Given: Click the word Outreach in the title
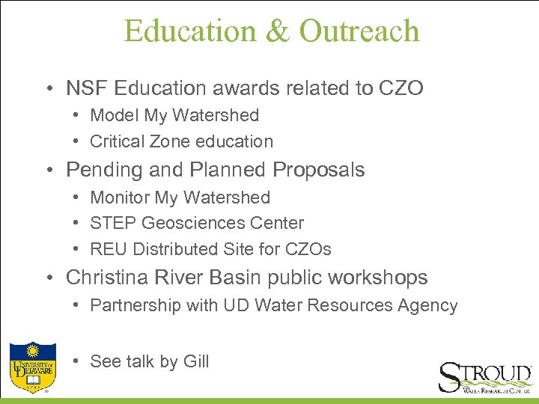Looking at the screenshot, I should tap(359, 31).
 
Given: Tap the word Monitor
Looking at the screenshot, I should tap(120, 198).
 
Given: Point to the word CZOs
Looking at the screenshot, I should tap(308, 248).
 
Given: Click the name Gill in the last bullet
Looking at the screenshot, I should tap(195, 361).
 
